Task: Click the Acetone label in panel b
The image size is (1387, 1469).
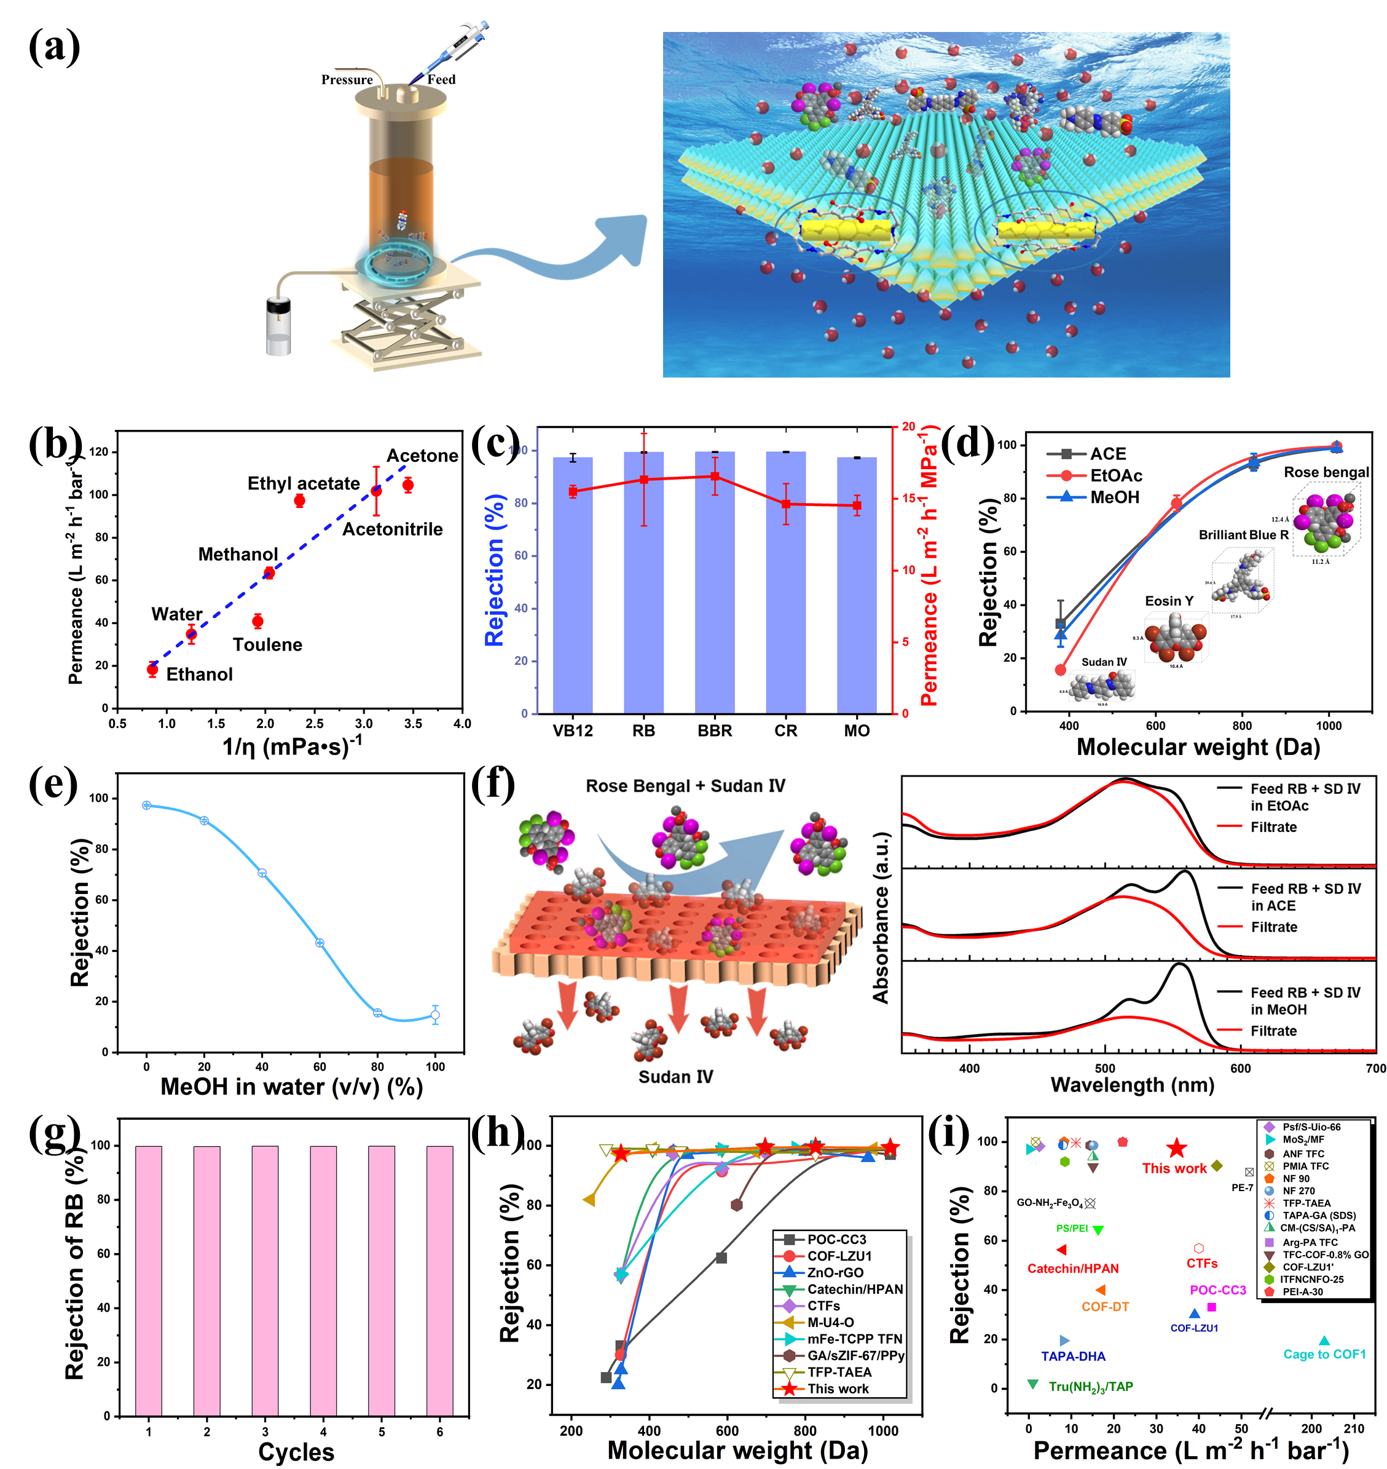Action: coord(422,456)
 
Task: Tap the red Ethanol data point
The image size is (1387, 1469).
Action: coord(152,670)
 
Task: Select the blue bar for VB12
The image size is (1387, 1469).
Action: coord(572,584)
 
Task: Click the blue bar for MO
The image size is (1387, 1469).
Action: coord(856,584)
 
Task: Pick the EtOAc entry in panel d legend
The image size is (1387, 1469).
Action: coord(1115,475)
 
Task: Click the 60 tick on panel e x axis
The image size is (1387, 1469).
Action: coord(320,1067)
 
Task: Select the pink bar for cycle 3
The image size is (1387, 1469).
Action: coord(265,1280)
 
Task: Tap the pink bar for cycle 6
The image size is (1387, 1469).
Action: coord(439,1280)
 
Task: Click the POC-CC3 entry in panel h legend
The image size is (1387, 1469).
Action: coord(836,1239)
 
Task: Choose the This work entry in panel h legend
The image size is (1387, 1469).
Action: coord(838,1388)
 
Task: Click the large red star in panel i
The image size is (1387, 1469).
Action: coord(1176,1149)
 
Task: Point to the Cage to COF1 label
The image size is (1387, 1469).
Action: coord(1324,1355)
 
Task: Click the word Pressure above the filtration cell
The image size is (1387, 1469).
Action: coord(347,80)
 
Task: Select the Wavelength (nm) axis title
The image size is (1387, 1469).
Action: coord(1132,1085)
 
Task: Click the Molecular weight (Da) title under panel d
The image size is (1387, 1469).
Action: coord(1198,747)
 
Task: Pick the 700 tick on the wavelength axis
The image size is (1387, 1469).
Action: coord(1375,1068)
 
